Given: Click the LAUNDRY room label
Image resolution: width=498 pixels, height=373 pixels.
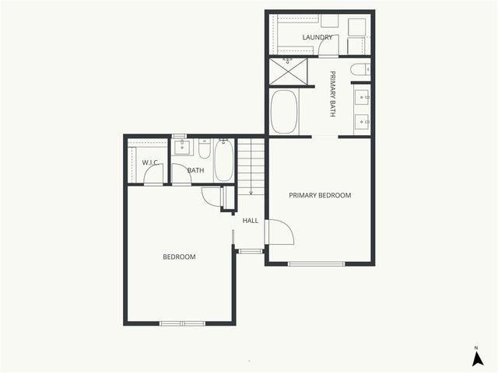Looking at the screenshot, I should tap(317, 37).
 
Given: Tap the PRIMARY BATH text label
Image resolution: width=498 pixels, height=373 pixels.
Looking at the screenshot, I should tap(332, 94).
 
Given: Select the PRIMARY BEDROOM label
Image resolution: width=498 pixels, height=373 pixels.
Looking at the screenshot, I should tap(320, 195).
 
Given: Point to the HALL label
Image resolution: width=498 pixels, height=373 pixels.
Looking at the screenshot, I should tap(250, 221).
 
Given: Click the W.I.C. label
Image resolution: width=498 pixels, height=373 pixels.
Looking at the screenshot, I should tap(150, 162).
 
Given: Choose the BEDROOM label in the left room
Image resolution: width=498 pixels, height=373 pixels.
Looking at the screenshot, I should tap(179, 257).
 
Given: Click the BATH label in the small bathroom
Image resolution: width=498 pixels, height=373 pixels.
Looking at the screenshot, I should tap(195, 171).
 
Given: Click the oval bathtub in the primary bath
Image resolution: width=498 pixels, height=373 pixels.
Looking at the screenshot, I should tap(284, 112).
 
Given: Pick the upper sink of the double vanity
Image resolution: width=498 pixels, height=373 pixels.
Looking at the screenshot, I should tap(362, 98).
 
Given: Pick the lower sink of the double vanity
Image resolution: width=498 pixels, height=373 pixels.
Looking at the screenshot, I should tap(362, 120).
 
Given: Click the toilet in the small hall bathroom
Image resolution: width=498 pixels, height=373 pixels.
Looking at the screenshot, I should tap(204, 148).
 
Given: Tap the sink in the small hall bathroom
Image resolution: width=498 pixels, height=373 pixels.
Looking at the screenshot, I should tap(182, 148).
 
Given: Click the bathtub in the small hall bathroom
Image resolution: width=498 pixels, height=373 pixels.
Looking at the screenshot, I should tap(224, 160).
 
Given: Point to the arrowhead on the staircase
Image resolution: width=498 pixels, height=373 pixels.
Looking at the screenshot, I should tap(251, 193).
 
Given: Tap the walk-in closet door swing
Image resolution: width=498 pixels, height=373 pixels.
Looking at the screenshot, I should tap(153, 176).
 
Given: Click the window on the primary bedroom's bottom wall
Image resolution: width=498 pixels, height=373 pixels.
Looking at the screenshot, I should tap(316, 263).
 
